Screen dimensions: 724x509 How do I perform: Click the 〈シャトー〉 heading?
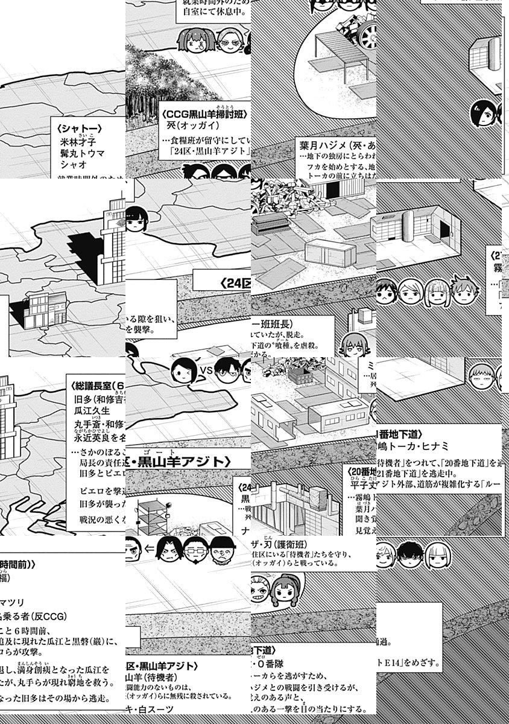click(x=78, y=129)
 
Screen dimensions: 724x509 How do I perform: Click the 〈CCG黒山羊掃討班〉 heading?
click(x=204, y=115)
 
